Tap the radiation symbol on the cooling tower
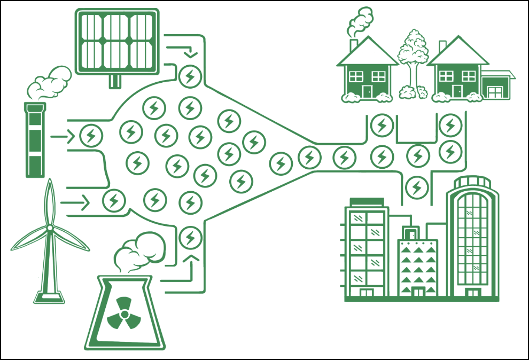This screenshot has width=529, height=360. pos(123,313)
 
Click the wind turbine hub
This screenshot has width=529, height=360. pos(50,228)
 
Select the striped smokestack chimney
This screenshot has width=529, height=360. pos(35,140)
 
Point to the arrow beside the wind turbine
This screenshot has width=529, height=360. pos(75,202)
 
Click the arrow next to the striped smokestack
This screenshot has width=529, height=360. pos(63,137)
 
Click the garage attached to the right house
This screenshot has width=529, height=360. pos(497,85)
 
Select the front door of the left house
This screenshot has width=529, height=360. pos(367,91)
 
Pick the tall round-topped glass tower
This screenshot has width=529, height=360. pos(473,240)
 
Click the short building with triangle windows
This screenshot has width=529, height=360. pos(418,267)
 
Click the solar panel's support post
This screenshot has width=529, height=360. pos(115,81)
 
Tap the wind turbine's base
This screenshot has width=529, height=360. pos(49,296)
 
